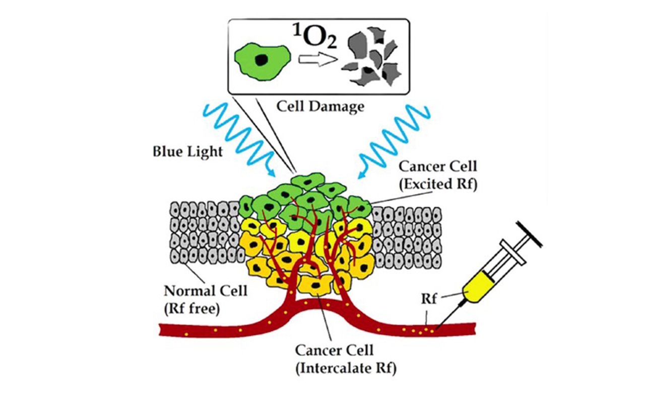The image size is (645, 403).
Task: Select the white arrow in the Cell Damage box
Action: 316,59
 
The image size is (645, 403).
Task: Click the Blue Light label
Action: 187,151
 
